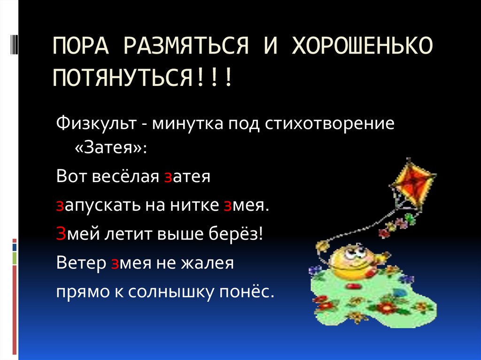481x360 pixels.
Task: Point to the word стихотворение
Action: coord(329,125)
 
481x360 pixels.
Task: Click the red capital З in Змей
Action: coord(60,233)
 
